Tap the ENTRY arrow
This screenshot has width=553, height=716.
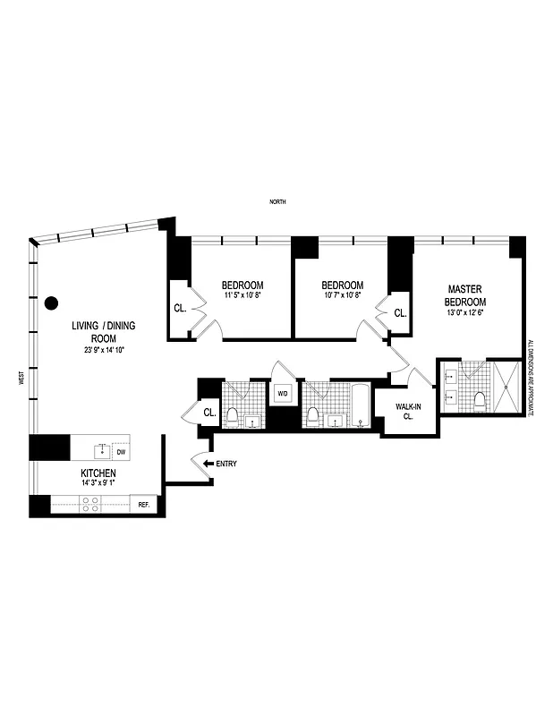[x=208, y=464]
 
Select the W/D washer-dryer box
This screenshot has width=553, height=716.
[x=283, y=393]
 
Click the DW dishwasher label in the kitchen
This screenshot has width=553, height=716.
[x=121, y=453]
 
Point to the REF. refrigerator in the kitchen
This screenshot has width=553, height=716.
[x=143, y=505]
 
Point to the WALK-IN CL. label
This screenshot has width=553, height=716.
[x=408, y=412]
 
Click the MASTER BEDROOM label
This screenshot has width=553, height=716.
[x=465, y=295]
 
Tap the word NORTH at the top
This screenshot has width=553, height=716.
[x=277, y=203]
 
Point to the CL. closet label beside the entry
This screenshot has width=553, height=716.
[x=209, y=413]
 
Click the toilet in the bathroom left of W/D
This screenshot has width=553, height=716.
[x=233, y=414]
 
